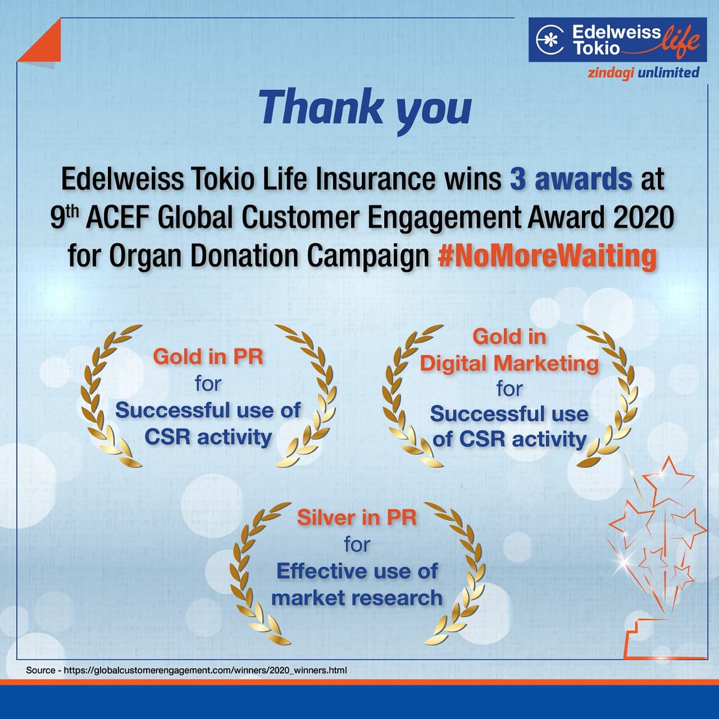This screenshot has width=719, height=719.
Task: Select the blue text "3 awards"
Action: pos(571,180)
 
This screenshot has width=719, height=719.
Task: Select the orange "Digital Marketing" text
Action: pos(509,363)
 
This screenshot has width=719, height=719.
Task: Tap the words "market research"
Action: pos(357,597)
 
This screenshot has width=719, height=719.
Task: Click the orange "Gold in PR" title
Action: pos(208,357)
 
